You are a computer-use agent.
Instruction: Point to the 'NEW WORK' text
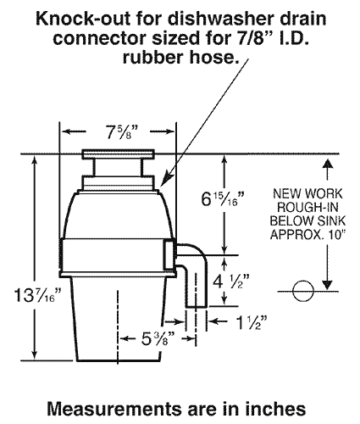coord(301,193)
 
